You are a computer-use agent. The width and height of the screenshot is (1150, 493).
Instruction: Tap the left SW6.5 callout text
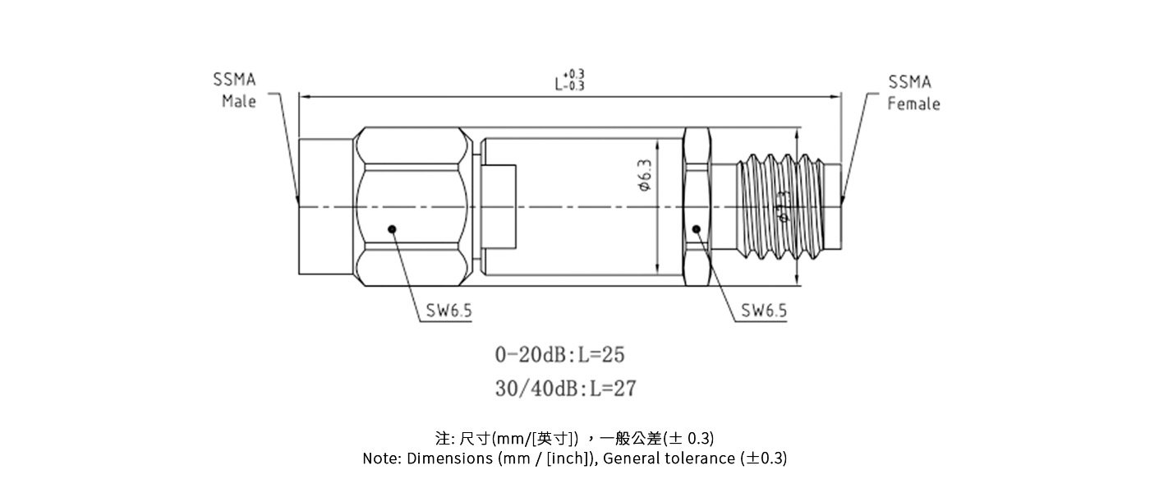pyautogui.click(x=448, y=311)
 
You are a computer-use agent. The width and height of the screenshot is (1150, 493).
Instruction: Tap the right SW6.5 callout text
pyautogui.click(x=764, y=311)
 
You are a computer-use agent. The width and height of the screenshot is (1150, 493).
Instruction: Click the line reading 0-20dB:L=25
pyautogui.click(x=559, y=355)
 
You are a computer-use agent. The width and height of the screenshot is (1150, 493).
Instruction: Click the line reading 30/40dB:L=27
pyautogui.click(x=565, y=388)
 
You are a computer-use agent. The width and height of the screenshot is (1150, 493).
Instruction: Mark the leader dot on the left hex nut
pyautogui.click(x=392, y=229)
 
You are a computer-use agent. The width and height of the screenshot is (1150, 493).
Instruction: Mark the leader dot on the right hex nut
pyautogui.click(x=697, y=229)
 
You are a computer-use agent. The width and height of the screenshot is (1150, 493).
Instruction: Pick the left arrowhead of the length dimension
pyautogui.click(x=304, y=97)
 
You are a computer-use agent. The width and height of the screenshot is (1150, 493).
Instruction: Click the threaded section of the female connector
pyautogui.click(x=780, y=205)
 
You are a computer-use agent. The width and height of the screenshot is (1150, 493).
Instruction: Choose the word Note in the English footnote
pyautogui.click(x=381, y=458)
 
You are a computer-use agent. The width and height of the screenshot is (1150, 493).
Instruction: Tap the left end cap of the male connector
pyautogui.click(x=328, y=205)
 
